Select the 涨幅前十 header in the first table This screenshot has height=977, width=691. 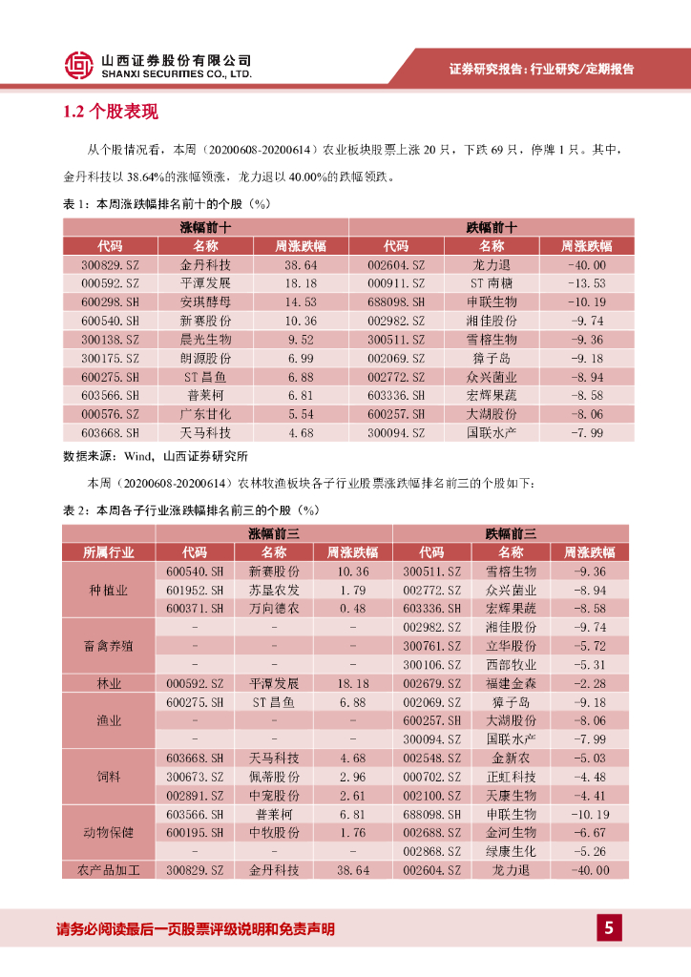click(205, 227)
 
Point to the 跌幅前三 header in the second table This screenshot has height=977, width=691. click(511, 533)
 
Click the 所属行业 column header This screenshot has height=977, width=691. click(109, 552)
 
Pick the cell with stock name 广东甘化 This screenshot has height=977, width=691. click(205, 414)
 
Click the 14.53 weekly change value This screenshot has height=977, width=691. click(301, 302)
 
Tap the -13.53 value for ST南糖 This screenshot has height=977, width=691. click(586, 283)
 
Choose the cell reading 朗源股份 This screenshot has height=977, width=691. click(205, 358)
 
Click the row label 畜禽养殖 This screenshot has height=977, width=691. click(109, 646)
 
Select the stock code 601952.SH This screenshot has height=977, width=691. click(195, 590)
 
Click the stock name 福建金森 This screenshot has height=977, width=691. click(512, 683)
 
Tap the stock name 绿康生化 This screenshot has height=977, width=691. click(512, 851)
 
